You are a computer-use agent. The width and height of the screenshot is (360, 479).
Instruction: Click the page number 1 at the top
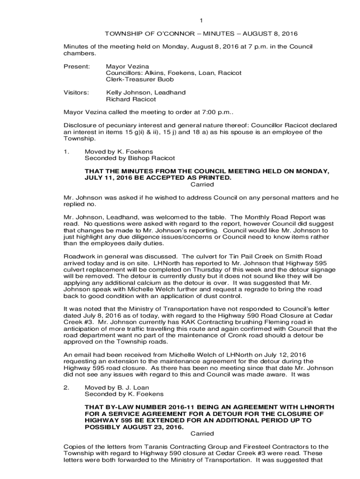tap(201, 21)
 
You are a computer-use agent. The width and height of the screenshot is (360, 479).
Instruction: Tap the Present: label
tap(76, 66)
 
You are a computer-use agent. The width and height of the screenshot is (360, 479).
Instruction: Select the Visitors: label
tap(76, 93)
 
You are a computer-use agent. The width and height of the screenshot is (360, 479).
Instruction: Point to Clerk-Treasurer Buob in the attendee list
tap(140, 80)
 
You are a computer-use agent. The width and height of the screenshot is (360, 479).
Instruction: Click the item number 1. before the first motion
tap(66, 152)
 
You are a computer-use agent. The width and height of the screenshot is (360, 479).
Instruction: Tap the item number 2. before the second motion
tap(66, 387)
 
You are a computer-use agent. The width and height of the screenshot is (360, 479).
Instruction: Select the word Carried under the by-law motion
tap(202, 433)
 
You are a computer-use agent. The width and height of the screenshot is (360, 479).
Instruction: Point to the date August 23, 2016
tap(149, 427)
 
